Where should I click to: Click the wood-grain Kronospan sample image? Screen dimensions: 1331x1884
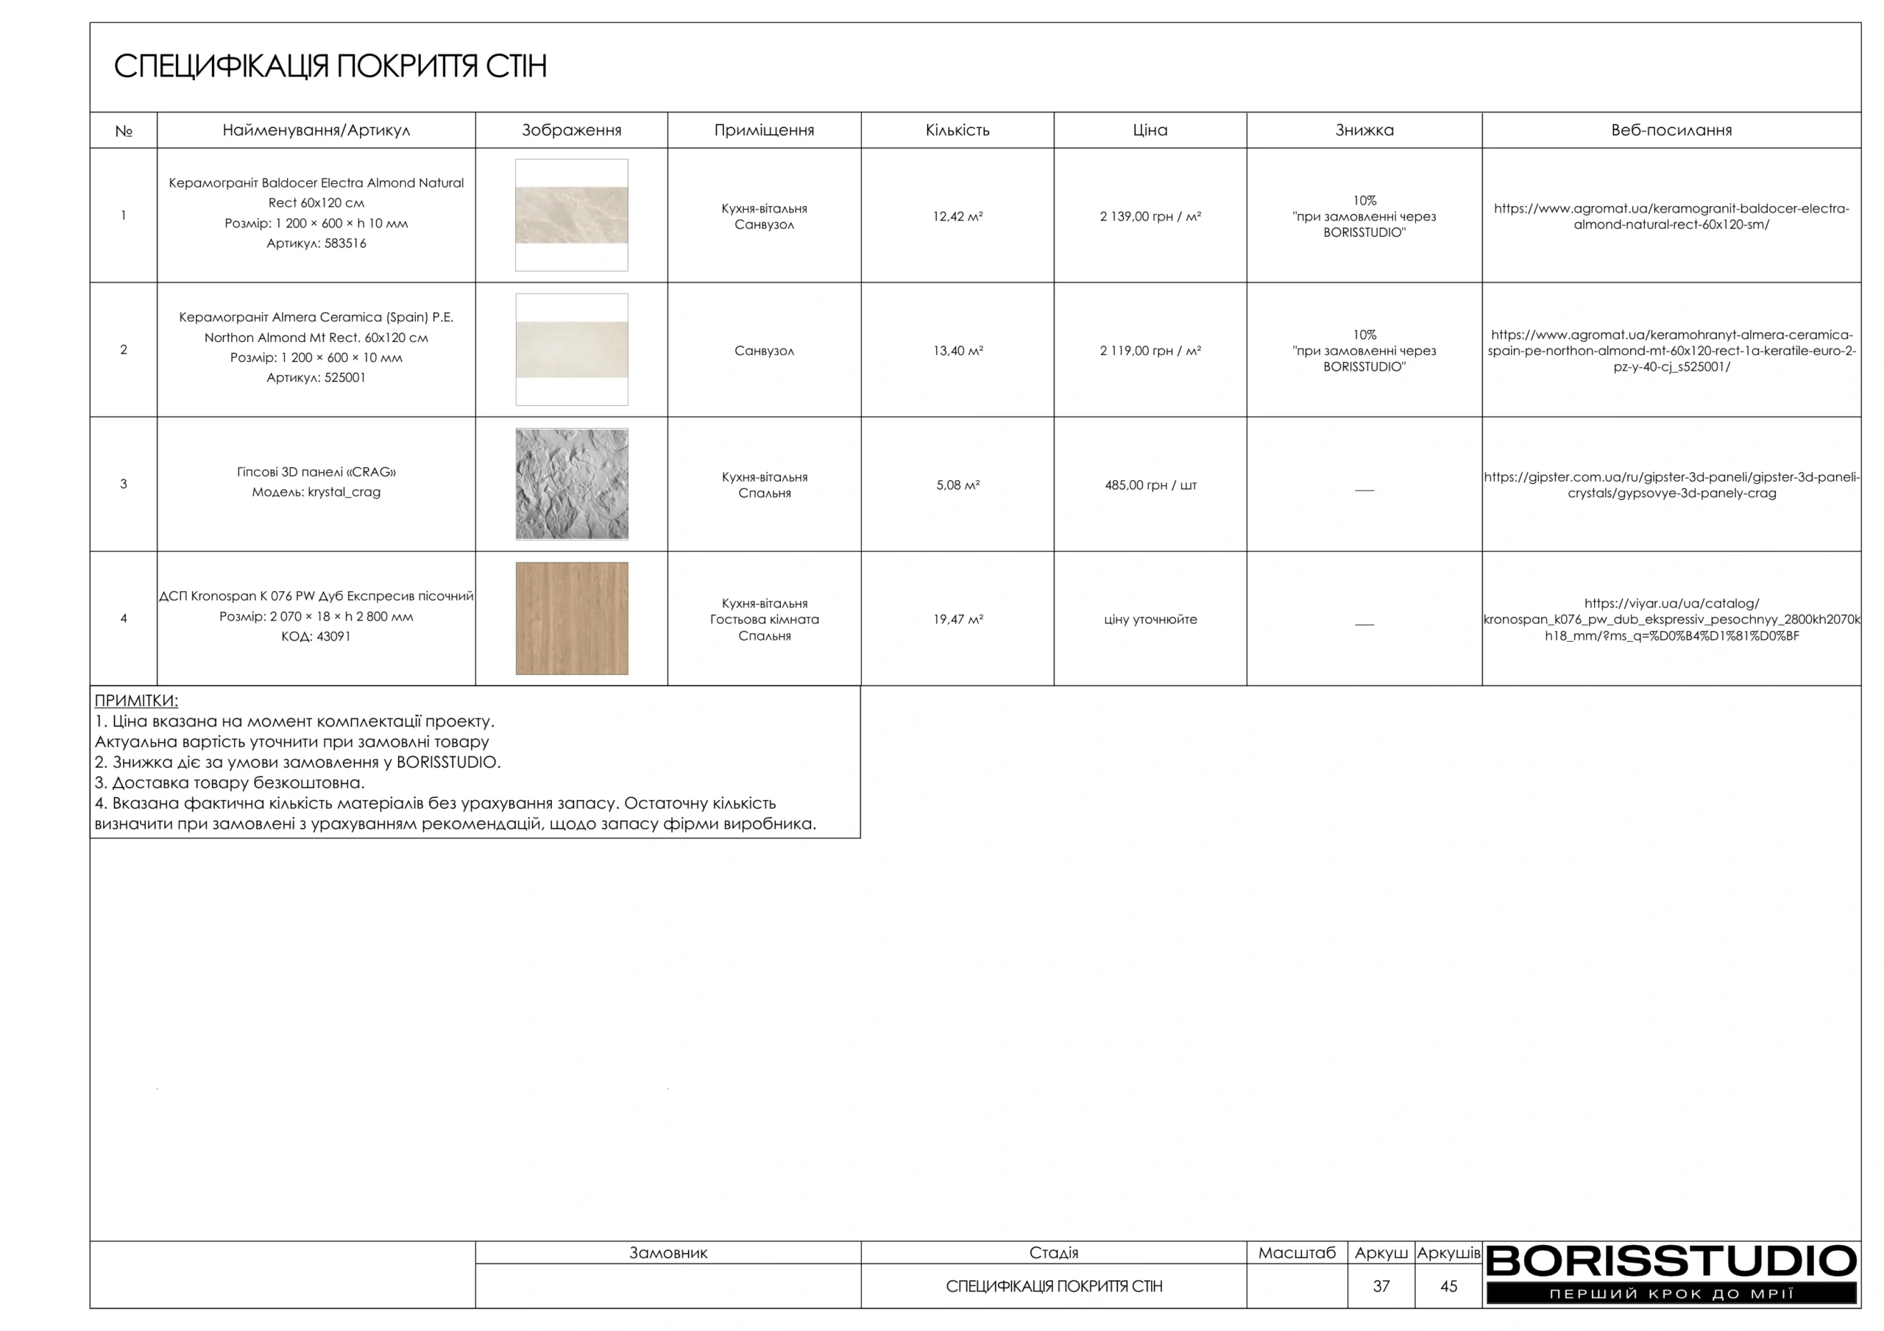[571, 618]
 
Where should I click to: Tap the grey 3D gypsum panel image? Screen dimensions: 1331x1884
[571, 484]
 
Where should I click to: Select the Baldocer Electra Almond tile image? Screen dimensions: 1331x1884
[571, 215]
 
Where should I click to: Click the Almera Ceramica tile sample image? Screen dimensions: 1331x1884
[571, 349]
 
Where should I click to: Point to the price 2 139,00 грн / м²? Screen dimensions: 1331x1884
[1150, 216]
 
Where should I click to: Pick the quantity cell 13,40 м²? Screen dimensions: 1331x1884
[957, 351]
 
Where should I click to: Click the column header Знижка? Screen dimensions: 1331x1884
[1364, 130]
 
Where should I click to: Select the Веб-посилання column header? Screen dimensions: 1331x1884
[1671, 130]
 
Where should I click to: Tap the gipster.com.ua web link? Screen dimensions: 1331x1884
[1671, 485]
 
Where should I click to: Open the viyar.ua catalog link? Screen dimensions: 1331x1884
[1671, 619]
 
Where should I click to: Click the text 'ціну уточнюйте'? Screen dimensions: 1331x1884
[1150, 619]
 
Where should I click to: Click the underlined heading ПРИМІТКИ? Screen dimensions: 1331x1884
[136, 700]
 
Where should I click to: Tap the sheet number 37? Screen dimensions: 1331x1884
[1381, 1286]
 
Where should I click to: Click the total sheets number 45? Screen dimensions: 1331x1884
[1448, 1286]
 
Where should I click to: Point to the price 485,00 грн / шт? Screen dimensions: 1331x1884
[1150, 485]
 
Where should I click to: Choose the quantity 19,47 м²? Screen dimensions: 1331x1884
[957, 619]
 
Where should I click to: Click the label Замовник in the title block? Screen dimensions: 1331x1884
[668, 1252]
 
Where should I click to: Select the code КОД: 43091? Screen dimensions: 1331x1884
[316, 636]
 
